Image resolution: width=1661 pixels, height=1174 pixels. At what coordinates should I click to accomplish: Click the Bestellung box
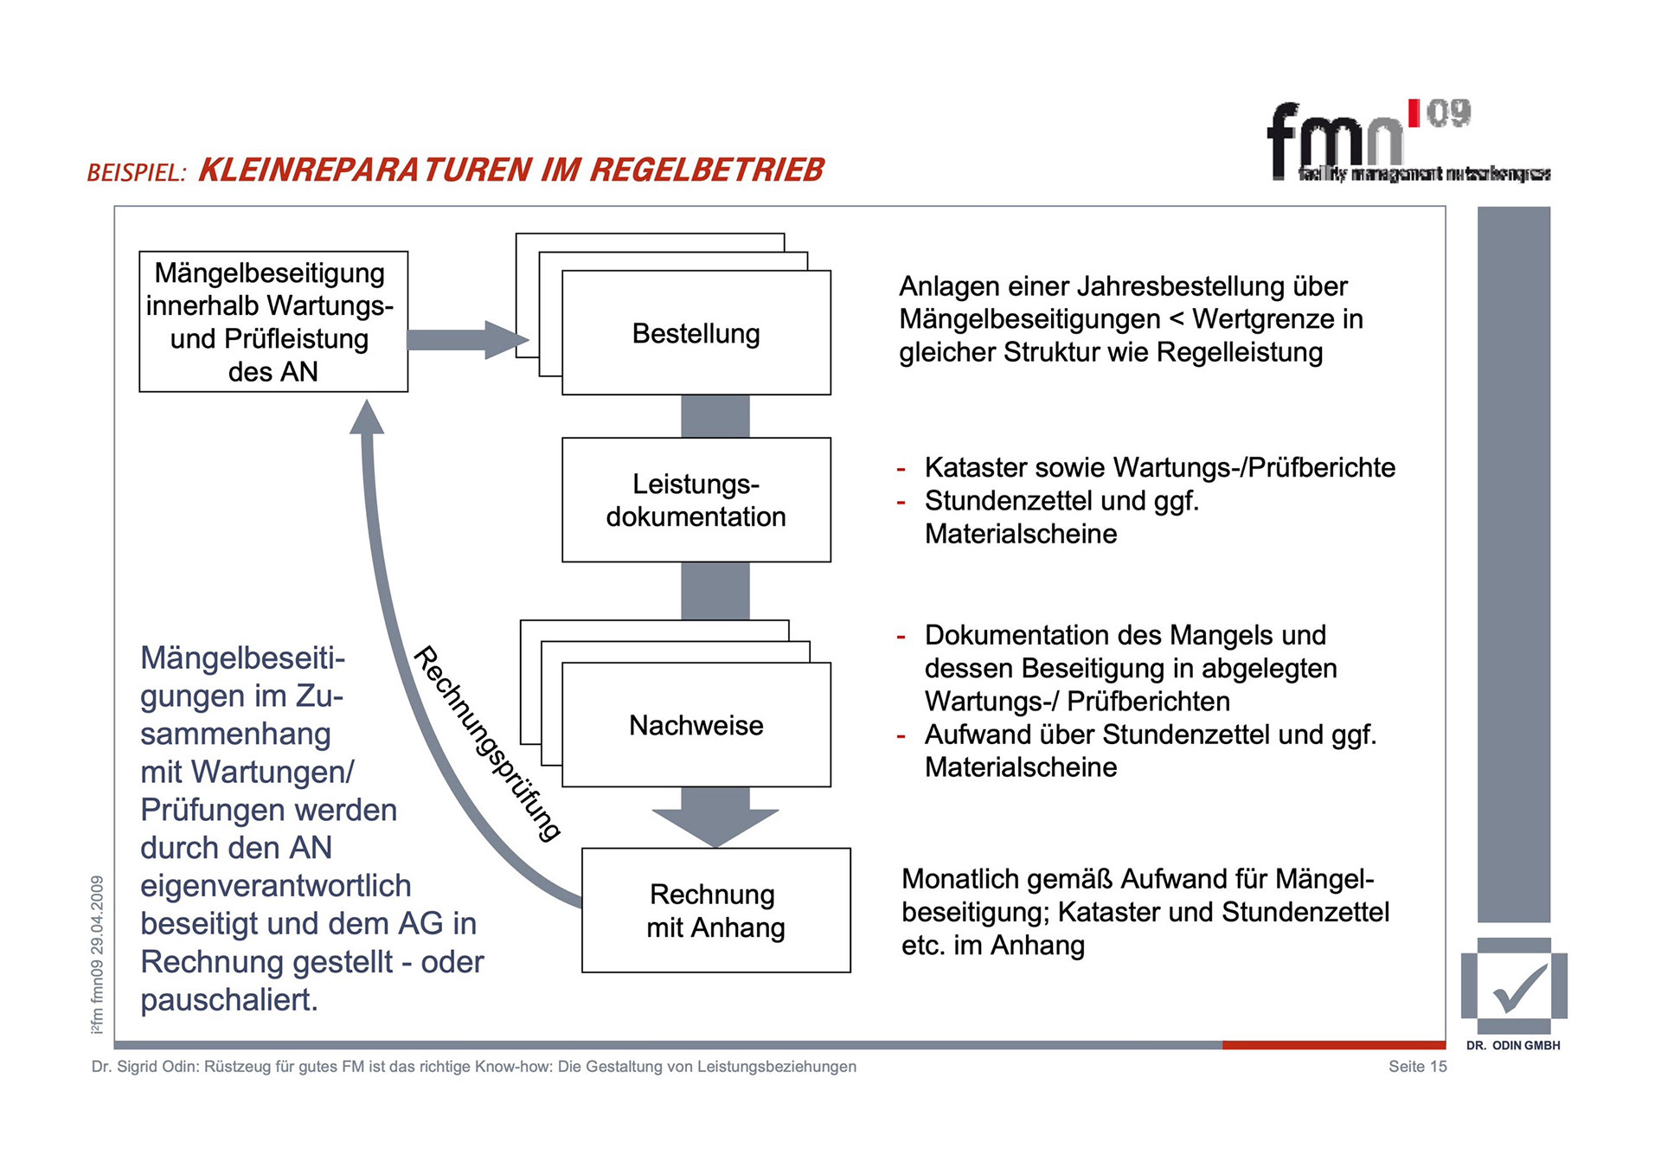[696, 333]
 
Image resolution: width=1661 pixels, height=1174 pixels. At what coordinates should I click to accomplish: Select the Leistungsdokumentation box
[696, 500]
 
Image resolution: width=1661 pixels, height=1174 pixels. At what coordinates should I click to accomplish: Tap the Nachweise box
[696, 725]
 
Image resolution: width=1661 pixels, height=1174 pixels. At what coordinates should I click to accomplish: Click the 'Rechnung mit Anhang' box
[715, 910]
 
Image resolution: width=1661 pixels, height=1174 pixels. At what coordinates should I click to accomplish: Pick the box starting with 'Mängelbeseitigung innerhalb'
[273, 322]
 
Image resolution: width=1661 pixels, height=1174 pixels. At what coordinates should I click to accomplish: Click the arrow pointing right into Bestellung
[467, 339]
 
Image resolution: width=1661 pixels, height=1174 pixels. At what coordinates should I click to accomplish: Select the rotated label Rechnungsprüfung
[487, 743]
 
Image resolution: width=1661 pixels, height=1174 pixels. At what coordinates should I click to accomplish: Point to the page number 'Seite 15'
[1417, 1067]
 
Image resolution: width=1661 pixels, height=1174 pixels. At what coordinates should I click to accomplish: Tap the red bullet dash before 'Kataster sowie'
[901, 470]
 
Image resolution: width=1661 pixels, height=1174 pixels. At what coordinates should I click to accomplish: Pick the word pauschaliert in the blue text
[229, 1000]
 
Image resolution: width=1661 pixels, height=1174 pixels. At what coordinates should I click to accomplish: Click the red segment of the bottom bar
[1333, 1045]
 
